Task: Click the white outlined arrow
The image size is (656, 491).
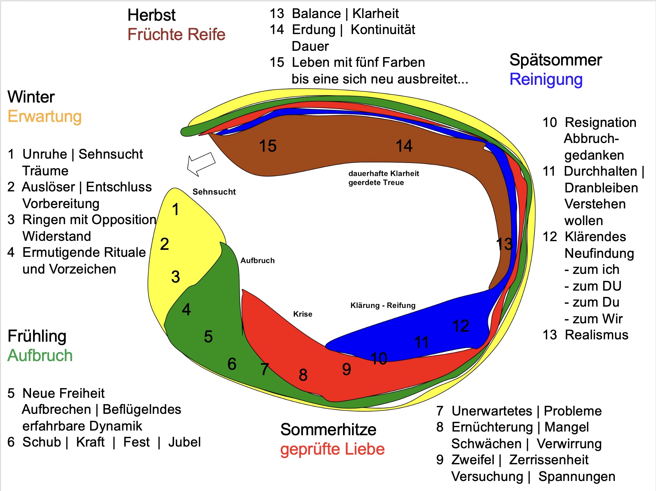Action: (201, 164)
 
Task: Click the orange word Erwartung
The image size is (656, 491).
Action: (44, 117)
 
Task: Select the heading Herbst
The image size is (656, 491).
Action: (151, 15)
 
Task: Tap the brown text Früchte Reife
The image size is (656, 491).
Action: (176, 34)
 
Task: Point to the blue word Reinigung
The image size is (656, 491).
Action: (546, 79)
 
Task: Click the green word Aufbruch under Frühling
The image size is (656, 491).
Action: (40, 355)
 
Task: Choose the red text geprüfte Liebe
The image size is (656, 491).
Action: (332, 449)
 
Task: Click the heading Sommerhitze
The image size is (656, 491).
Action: (328, 430)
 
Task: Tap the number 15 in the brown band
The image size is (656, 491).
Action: (268, 146)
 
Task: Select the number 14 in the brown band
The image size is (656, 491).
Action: (404, 146)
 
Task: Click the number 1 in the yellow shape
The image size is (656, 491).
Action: (175, 209)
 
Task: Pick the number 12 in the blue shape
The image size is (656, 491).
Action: (461, 326)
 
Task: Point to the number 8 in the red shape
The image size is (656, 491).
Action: (303, 375)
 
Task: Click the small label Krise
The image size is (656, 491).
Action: (303, 314)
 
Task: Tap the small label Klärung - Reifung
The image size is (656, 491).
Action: (383, 305)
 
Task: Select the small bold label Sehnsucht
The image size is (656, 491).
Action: (214, 192)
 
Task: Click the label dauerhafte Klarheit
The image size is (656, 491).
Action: (383, 173)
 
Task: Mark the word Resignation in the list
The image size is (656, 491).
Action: (600, 123)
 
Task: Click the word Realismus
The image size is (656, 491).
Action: (596, 335)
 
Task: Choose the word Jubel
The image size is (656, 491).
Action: (184, 442)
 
